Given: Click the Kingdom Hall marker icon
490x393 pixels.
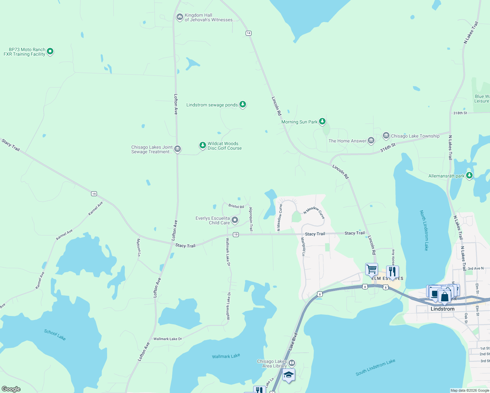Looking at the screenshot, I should (x=179, y=17).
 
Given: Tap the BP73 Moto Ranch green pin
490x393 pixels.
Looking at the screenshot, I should (x=50, y=51).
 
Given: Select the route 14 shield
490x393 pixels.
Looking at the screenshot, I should (x=249, y=33).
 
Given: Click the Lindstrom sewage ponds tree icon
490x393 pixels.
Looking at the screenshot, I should (x=243, y=104).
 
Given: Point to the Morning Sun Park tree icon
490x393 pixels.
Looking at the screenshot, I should (x=322, y=122).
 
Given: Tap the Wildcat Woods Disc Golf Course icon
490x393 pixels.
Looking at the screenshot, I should (x=203, y=145).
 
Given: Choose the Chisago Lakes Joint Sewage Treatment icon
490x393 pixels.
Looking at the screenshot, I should (x=178, y=149).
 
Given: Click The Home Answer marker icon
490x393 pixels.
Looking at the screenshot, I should (x=371, y=140).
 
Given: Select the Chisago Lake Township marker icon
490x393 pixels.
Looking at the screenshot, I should (x=386, y=136).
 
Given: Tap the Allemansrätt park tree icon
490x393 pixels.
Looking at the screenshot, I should (x=469, y=176).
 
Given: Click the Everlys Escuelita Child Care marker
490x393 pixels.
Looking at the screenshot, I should (x=235, y=220).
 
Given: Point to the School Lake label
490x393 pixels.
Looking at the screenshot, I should (x=55, y=335).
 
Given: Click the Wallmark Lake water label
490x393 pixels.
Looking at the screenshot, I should (x=226, y=356).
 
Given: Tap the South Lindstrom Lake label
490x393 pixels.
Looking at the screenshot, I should (x=375, y=367).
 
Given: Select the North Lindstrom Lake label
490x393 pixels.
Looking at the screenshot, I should (x=424, y=230).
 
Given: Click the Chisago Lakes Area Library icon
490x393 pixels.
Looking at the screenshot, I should (x=292, y=363).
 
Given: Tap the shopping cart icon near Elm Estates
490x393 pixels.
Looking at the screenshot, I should (x=371, y=269).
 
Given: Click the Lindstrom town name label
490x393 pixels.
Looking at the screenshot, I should (x=443, y=309).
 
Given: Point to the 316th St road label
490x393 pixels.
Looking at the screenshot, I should (x=388, y=148).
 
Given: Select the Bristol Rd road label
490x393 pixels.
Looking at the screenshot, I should (x=236, y=206).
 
